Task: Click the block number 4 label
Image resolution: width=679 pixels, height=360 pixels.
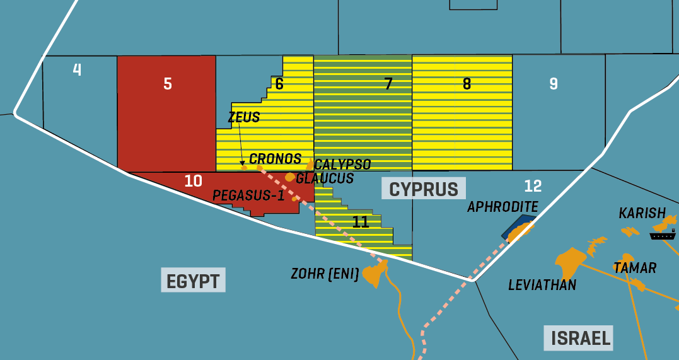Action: [77, 69]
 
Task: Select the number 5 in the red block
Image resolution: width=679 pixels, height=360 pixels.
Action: [167, 84]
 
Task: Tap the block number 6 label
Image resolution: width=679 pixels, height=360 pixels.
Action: [279, 84]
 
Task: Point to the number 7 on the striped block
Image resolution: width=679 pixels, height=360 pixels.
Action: [388, 84]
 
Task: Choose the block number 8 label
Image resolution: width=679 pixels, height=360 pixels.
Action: [467, 84]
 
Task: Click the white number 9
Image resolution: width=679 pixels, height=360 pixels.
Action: [554, 84]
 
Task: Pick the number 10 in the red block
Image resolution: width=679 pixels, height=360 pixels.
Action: [194, 181]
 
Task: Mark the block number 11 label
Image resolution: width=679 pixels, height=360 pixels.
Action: [361, 222]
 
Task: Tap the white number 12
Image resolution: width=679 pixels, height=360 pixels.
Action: [533, 186]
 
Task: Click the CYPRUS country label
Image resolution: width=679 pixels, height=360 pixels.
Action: [424, 189]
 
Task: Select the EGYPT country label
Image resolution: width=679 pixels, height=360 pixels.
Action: [194, 281]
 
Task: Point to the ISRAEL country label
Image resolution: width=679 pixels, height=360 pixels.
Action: [581, 338]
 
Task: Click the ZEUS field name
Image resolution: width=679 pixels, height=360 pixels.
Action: [244, 117]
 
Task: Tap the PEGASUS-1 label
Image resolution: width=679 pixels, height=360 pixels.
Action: [248, 195]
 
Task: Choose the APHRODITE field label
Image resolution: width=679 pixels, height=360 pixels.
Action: [502, 207]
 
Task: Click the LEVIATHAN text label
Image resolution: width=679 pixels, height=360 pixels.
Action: [542, 286]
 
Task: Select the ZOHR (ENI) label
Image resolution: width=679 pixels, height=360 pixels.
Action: [325, 274]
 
